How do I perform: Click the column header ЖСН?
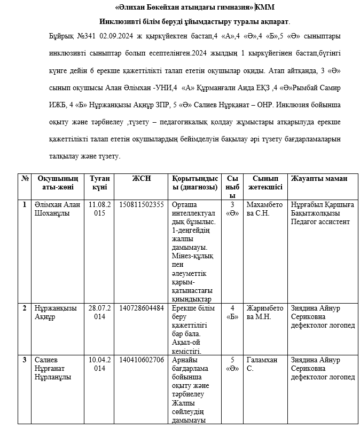pyautogui.click(x=142, y=179)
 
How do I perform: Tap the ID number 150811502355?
pyautogui.click(x=142, y=204)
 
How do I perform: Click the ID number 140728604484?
pyautogui.click(x=142, y=308)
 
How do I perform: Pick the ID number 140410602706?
pyautogui.click(x=142, y=360)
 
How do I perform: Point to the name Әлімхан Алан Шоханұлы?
pyautogui.click(x=57, y=209)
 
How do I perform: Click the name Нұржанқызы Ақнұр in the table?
pyautogui.click(x=56, y=313)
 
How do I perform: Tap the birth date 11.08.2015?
pyautogui.click(x=100, y=209)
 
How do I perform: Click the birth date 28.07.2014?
pyautogui.click(x=100, y=313)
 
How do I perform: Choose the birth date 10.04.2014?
pyautogui.click(x=100, y=364)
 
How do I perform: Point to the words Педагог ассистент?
pyautogui.click(x=320, y=221)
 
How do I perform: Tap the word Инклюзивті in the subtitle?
pyautogui.click(x=121, y=22)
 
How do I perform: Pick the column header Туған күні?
pyautogui.click(x=100, y=183)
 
